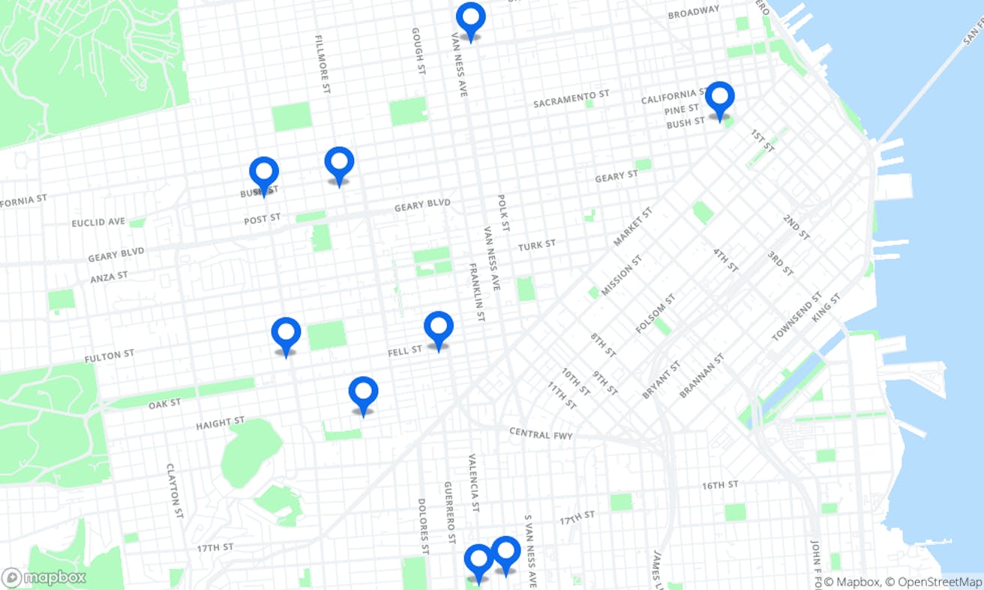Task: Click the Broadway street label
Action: [x=693, y=13]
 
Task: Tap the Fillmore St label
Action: [x=323, y=64]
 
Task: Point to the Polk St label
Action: [x=503, y=213]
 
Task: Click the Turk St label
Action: [x=536, y=245]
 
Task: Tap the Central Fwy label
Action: [x=541, y=434]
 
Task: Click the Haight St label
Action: [x=220, y=424]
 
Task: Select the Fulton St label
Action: [x=109, y=356]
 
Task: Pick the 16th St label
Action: [x=720, y=486]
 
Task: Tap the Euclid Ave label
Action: [x=98, y=223]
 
